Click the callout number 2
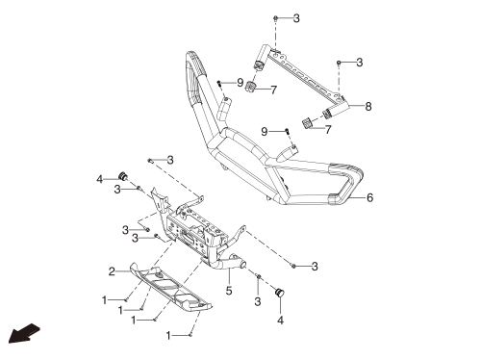pyautogui.click(x=112, y=271)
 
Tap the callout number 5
pyautogui.click(x=229, y=291)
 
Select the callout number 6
pyautogui.click(x=369, y=197)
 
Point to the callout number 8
pyautogui.click(x=368, y=106)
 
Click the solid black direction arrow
pyautogui.click(x=24, y=334)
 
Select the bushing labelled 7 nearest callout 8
pyautogui.click(x=308, y=123)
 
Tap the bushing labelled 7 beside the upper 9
pyautogui.click(x=251, y=87)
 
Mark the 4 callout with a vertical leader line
pyautogui.click(x=280, y=321)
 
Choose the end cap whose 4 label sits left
pyautogui.click(x=123, y=176)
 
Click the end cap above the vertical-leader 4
pyautogui.click(x=280, y=293)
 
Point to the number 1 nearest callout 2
pyautogui.click(x=104, y=300)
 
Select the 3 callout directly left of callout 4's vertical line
pyautogui.click(x=258, y=301)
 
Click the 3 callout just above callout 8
pyautogui.click(x=360, y=63)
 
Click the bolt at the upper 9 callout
pyautogui.click(x=219, y=83)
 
